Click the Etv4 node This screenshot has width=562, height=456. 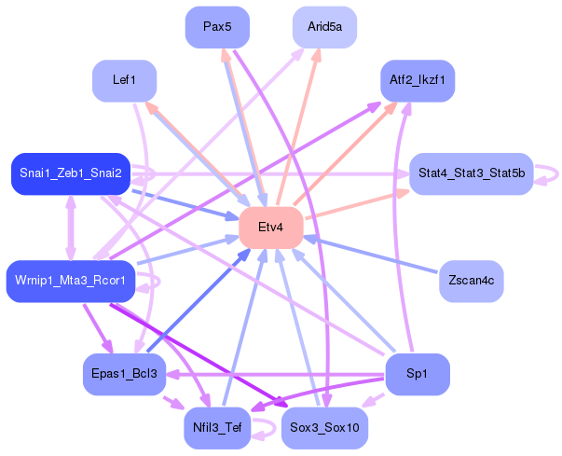coord(271,228)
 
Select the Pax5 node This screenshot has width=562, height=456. coord(217,27)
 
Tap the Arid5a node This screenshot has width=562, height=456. coord(324,27)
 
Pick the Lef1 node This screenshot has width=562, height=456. coord(124,80)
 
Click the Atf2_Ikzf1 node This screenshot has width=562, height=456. coord(418,80)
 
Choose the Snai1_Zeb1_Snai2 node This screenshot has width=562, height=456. coord(71,173)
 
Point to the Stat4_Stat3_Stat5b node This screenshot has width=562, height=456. coord(472,173)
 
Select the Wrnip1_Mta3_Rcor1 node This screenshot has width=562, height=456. coord(71,281)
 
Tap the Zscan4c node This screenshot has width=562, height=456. coord(472,281)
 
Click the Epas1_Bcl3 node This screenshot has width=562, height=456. coord(124,374)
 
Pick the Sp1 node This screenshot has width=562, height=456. coord(418,374)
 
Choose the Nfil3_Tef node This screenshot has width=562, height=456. coord(217,428)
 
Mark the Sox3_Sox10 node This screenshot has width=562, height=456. coord(324,428)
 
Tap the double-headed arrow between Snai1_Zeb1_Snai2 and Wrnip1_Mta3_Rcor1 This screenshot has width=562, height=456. coord(71,228)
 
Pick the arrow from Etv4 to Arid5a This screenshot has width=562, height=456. coord(297,126)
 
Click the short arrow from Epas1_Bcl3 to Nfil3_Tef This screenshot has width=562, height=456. coord(173,403)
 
